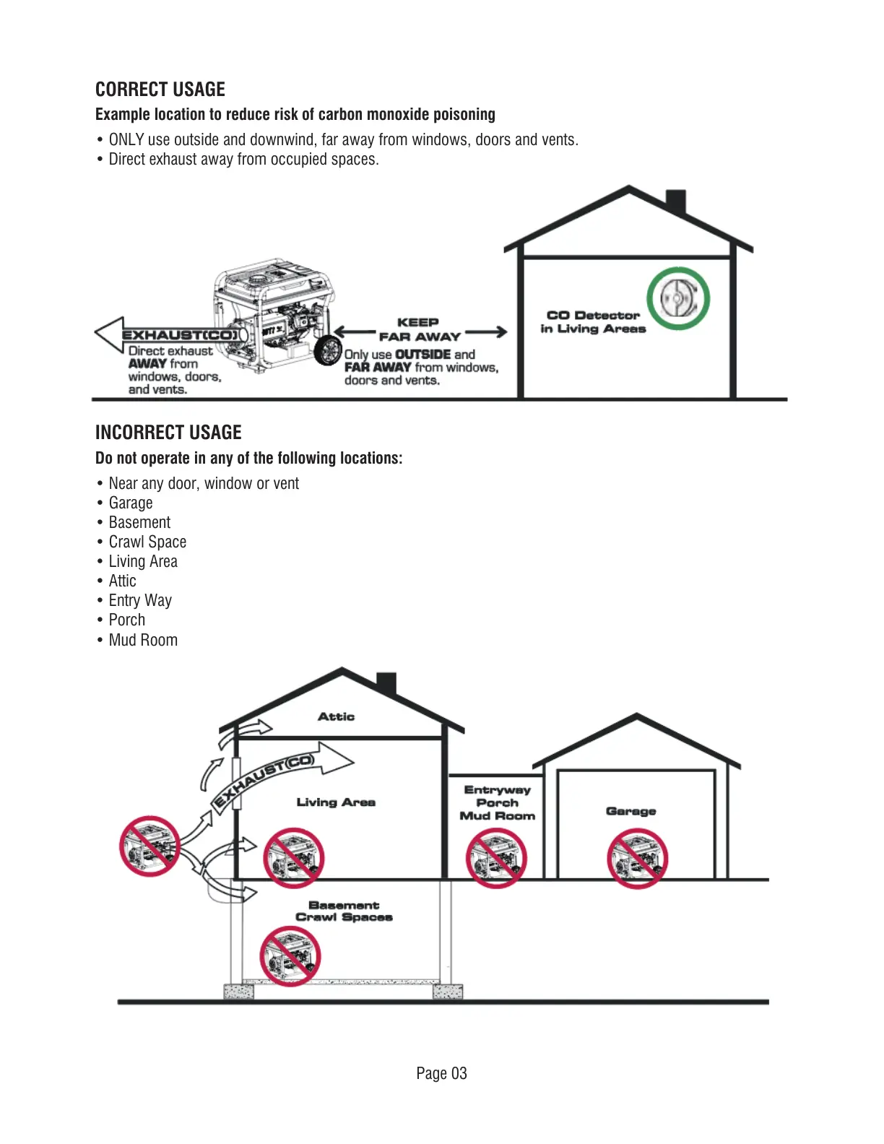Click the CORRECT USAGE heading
160,90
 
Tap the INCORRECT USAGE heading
168,433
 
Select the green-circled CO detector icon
678,298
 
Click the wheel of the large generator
328,350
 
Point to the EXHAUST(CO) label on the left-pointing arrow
180,335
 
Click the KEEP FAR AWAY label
419,329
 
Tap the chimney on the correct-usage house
675,201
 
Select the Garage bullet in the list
131,503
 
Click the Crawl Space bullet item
147,542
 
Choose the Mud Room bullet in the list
143,641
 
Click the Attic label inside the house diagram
336,716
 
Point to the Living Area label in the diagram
336,802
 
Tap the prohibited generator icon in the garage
637,858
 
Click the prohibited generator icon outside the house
149,846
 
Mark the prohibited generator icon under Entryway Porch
496,858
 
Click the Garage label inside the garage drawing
630,811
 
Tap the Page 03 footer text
441,1073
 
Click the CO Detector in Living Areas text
593,322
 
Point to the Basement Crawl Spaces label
344,911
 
